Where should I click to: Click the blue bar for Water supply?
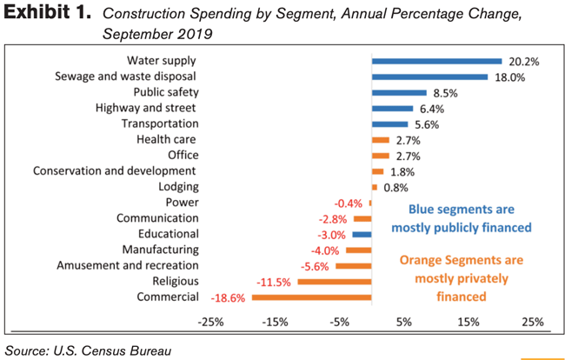(436, 61)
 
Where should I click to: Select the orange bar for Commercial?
(311, 297)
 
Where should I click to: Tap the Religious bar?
(334, 282)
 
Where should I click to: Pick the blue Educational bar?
(362, 235)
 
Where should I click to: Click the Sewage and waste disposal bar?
(429, 77)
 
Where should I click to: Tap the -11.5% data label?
(274, 282)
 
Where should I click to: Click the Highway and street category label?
(144, 108)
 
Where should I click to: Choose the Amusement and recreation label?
(127, 265)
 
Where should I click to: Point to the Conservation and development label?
(114, 170)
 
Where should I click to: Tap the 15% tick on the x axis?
(469, 322)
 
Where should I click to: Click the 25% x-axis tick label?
(532, 322)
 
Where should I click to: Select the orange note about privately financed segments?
(461, 277)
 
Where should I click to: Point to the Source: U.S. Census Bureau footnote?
(87, 350)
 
